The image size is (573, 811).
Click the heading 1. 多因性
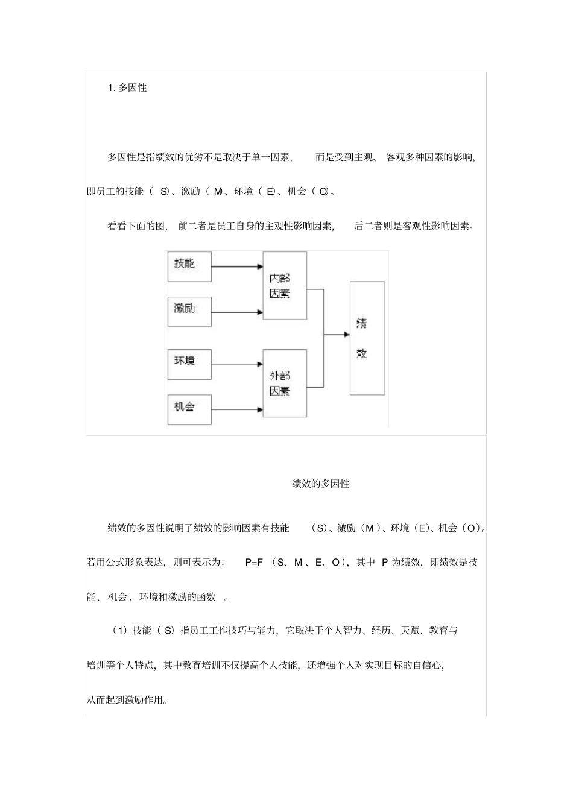pyautogui.click(x=127, y=88)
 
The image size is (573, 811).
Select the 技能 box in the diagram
pyautogui.click(x=189, y=266)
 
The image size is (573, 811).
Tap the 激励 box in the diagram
pyautogui.click(x=189, y=311)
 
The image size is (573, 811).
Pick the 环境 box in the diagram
pyautogui.click(x=189, y=364)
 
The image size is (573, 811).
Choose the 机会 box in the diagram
pyautogui.click(x=189, y=410)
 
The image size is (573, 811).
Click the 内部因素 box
pyautogui.click(x=285, y=285)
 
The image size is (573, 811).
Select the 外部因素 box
pyautogui.click(x=285, y=383)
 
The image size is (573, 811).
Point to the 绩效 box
pyautogui.click(x=367, y=338)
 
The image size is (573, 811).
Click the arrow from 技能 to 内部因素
pyautogui.click(x=236, y=266)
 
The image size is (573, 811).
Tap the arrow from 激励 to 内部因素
pyautogui.click(x=236, y=312)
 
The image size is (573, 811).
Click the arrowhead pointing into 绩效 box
pyautogui.click(x=346, y=334)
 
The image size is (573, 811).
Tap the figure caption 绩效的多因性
pyautogui.click(x=320, y=484)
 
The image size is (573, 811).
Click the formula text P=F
pyautogui.click(x=254, y=563)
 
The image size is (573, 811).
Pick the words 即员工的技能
pyautogui.click(x=115, y=192)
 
